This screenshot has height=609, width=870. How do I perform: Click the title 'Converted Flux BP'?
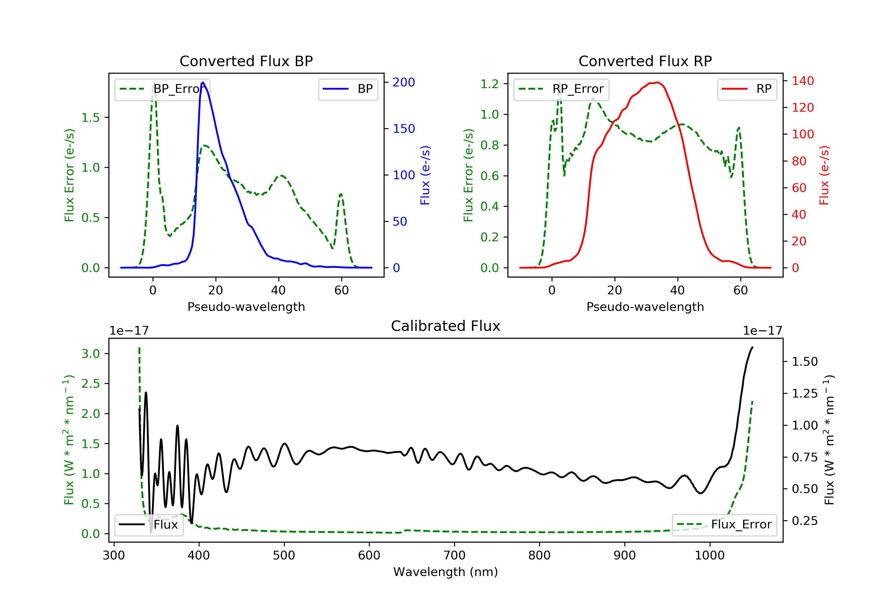(x=246, y=61)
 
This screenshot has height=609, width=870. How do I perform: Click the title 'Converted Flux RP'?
(x=645, y=61)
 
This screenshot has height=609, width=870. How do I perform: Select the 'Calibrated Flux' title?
(x=446, y=326)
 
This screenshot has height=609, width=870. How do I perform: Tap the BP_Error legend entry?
(x=162, y=89)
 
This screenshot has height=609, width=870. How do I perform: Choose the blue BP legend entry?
(x=348, y=89)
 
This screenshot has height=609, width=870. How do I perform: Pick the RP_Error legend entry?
(x=561, y=89)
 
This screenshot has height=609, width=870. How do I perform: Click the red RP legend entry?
(x=746, y=89)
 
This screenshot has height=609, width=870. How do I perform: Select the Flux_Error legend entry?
(x=724, y=525)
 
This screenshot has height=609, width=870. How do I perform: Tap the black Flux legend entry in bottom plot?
(x=148, y=525)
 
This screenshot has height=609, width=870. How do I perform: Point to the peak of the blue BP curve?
(x=203, y=82)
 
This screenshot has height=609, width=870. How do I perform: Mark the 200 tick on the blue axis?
(x=403, y=82)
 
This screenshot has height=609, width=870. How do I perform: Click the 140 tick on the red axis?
(x=802, y=81)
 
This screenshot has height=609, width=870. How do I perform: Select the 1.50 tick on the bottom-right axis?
(x=805, y=362)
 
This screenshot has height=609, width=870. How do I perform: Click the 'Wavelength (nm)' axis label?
(x=446, y=572)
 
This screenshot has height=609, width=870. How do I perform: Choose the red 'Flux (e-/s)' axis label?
(x=824, y=175)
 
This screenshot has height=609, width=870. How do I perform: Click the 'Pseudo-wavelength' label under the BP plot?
(x=246, y=307)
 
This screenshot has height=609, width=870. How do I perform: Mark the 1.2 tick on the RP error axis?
(x=490, y=84)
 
